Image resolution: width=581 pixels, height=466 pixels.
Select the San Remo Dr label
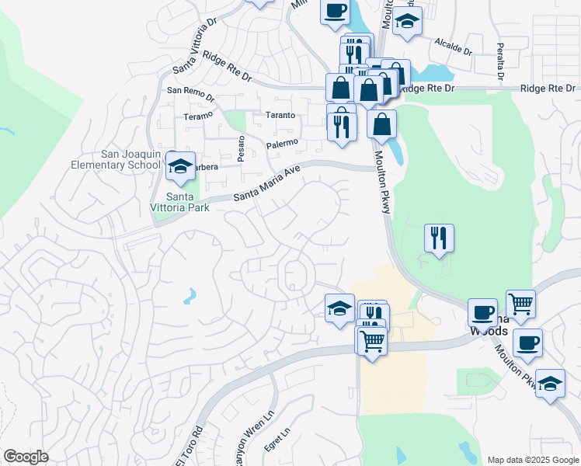(x=190, y=90)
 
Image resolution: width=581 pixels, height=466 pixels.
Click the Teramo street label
(x=197, y=115)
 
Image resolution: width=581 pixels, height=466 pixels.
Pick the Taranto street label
(x=280, y=114)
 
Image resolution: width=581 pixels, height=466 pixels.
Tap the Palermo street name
(x=282, y=143)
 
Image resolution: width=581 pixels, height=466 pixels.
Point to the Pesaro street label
(x=242, y=148)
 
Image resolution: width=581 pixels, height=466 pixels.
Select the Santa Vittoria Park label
(x=177, y=202)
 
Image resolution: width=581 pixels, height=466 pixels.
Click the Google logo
(x=26, y=457)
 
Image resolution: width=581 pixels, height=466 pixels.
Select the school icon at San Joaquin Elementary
(x=181, y=166)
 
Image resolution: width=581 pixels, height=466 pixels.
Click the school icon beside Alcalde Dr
(x=406, y=22)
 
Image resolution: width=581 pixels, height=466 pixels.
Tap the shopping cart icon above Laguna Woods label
(x=520, y=304)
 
